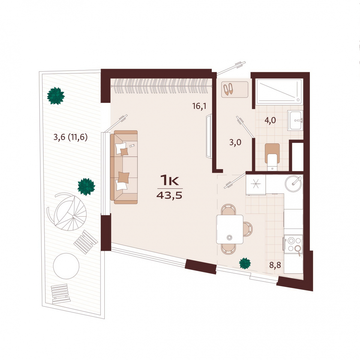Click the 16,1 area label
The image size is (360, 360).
(x=199, y=106)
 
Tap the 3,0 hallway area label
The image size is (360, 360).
(x=235, y=143)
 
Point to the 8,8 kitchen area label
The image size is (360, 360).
(x=275, y=265)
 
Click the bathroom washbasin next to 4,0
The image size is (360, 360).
(x=295, y=120)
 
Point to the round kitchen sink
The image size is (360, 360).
(x=293, y=184)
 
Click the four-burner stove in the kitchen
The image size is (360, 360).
(x=293, y=244)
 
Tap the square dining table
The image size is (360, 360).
(x=229, y=229)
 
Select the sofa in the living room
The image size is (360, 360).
(x=124, y=167)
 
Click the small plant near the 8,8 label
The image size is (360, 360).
(x=245, y=263)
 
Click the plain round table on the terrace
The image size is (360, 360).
(x=66, y=266)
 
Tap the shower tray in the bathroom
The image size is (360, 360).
(x=279, y=91)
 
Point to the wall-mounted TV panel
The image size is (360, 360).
(x=209, y=136)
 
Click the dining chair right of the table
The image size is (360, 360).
(x=248, y=229)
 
